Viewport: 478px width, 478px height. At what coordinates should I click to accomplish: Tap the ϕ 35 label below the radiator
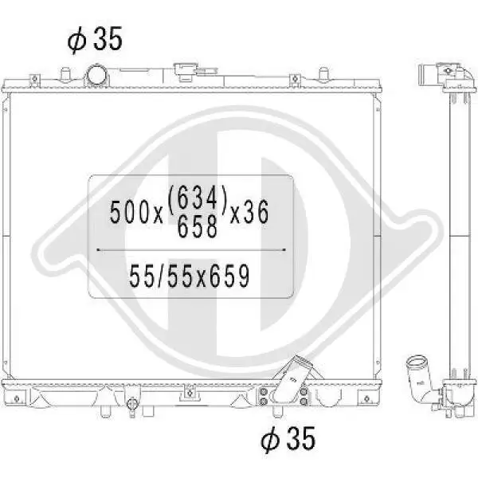point(288,438)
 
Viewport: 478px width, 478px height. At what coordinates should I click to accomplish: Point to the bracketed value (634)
point(198,198)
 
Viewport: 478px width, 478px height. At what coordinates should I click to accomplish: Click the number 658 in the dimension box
point(198,225)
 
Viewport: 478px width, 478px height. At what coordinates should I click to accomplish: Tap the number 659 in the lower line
point(229,276)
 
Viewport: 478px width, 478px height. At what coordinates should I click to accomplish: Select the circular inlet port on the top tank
point(97,76)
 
